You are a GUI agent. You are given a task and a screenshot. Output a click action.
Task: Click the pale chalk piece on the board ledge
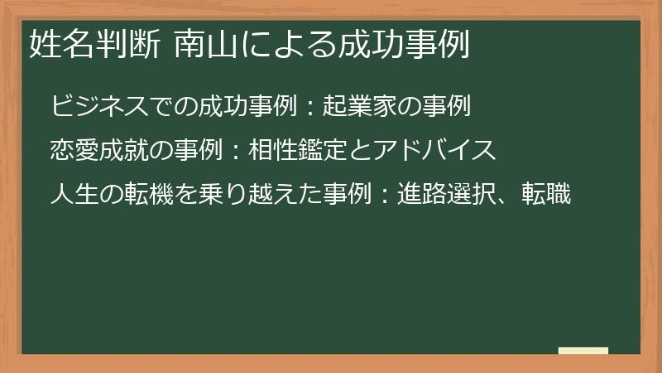pos(583,351)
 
